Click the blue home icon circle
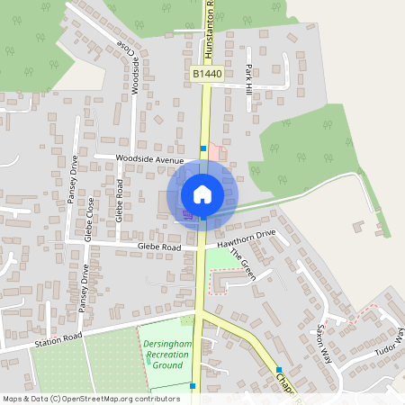[x=202, y=193]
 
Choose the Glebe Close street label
[x=89, y=221]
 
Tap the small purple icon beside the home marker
[x=187, y=214]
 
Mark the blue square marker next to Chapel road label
[x=280, y=370]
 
